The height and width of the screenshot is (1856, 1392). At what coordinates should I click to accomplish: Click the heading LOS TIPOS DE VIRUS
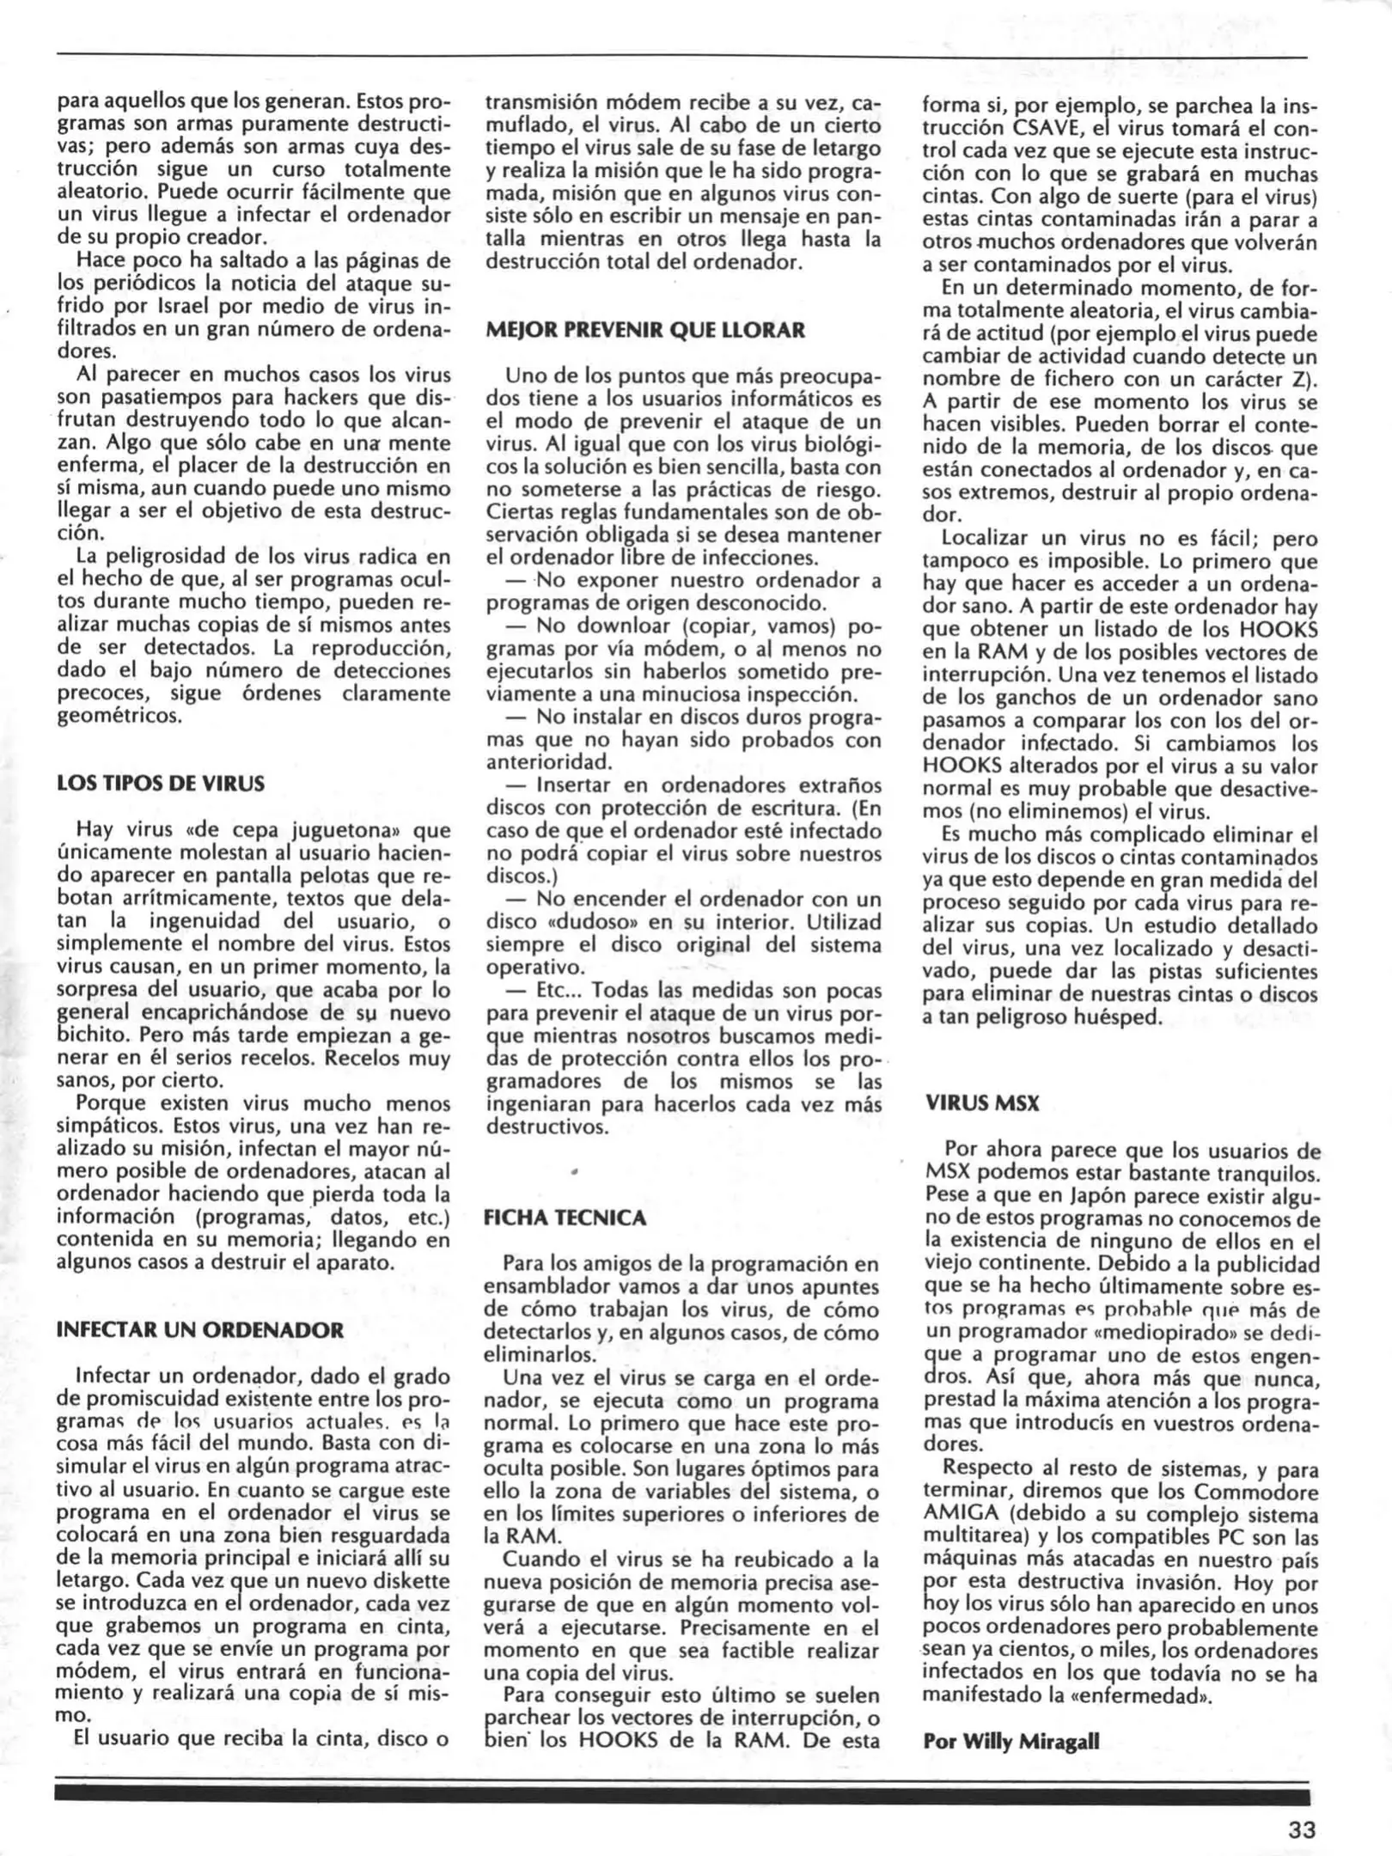point(161,784)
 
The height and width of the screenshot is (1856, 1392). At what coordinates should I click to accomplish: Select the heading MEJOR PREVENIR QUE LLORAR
point(645,330)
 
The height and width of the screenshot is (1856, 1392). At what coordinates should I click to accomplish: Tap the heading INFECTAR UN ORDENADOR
point(199,1330)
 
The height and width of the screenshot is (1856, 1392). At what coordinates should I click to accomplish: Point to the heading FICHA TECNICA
point(565,1218)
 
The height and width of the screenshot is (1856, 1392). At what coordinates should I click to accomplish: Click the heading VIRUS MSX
point(981,1104)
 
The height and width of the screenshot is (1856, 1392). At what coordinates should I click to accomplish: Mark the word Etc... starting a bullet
point(559,991)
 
